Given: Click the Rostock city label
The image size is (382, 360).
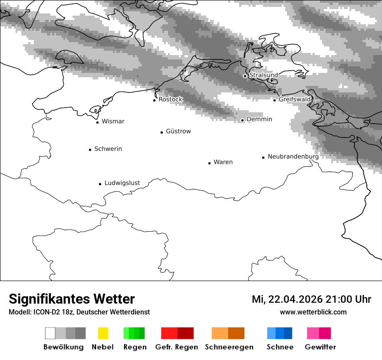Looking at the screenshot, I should coord(170,99).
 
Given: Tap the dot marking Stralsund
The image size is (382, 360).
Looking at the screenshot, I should coord(245,76).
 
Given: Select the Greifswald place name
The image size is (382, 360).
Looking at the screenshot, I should coord(295,99).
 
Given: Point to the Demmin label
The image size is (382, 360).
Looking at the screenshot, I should coord(259,119).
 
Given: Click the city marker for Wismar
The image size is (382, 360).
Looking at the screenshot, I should coord(97,122).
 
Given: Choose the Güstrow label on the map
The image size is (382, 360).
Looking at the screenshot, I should coord(178,131).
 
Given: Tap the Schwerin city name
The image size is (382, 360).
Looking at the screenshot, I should coord(108,149).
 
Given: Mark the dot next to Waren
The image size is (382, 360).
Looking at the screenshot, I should coord(209,163).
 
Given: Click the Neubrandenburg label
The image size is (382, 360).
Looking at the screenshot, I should coord(293,157).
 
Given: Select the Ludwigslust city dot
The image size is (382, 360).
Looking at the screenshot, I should coord(100,184).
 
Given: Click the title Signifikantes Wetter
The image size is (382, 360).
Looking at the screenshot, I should coord(72,299).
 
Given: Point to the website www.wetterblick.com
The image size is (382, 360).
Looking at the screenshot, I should coord(313,312).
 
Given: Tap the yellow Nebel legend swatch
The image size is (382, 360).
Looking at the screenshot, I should coord(103,333).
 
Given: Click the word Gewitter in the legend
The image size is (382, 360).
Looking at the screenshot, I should coord(320,347).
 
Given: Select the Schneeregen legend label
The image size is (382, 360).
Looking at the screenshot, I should coord(229,347).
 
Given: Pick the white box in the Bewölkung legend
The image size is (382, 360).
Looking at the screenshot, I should coord(50,333).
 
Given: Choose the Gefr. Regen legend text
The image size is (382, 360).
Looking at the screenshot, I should coord(176,347).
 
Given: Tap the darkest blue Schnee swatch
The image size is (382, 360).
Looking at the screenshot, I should coord(288,333).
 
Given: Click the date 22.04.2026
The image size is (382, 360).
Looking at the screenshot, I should coord(295,300).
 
